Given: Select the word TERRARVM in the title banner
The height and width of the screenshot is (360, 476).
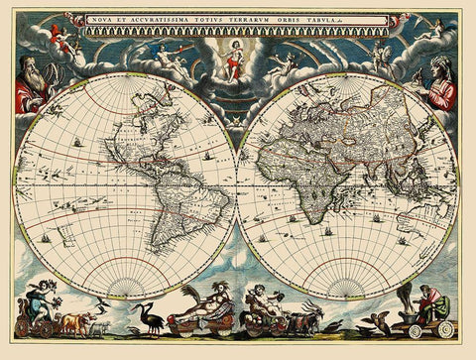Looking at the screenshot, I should point(258,19).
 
